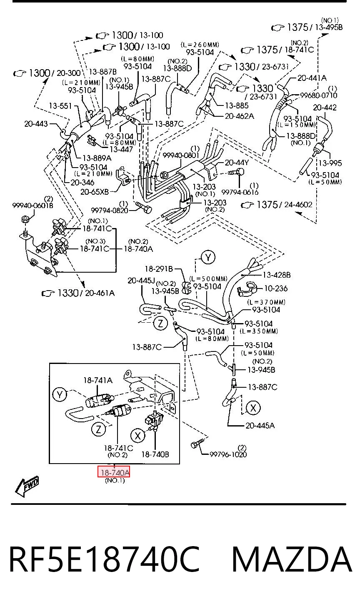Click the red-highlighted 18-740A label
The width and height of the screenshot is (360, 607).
click(114, 473)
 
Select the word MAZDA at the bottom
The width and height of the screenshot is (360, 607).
click(292, 559)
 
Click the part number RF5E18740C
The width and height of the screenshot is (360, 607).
click(105, 559)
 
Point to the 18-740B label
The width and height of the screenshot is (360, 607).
click(155, 454)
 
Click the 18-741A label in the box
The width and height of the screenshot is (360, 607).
click(98, 380)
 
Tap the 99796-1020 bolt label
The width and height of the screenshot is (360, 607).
click(228, 454)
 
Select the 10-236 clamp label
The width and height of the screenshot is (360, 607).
click(276, 288)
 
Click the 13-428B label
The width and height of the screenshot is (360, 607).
click(277, 275)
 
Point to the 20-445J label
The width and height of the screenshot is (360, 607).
click(141, 281)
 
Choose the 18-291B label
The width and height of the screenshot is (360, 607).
click(159, 269)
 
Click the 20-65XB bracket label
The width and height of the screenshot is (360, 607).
click(95, 192)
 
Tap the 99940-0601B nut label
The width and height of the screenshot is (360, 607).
click(33, 206)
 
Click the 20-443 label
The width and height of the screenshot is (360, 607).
click(36, 123)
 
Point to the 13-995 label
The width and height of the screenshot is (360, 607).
click(330, 163)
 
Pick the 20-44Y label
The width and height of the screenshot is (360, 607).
click(237, 162)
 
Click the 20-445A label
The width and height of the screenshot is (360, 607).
click(260, 425)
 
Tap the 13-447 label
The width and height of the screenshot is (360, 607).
click(121, 149)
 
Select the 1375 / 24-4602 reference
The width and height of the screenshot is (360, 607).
click(277, 205)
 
